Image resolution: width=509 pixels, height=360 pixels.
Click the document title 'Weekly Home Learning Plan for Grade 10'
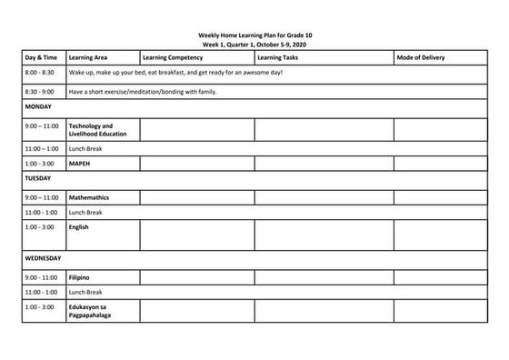tap(254, 35)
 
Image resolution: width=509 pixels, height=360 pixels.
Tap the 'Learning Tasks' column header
tap(277, 57)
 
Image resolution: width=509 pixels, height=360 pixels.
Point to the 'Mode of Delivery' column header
tap(421, 57)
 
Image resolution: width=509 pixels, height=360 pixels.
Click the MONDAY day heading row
tap(38, 106)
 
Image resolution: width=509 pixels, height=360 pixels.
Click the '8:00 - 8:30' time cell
tap(40, 73)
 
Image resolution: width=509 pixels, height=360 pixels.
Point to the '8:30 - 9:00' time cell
tap(40, 91)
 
